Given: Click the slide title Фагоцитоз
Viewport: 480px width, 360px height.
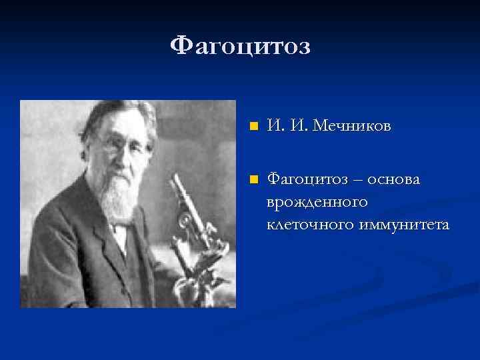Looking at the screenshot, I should coord(240,46).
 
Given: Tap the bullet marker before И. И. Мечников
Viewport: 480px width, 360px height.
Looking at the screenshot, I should coord(252,127).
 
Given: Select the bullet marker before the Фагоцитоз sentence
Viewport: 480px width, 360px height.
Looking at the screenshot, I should coord(252,179).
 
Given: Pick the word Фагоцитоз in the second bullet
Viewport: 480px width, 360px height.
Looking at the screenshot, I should coord(305,179).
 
